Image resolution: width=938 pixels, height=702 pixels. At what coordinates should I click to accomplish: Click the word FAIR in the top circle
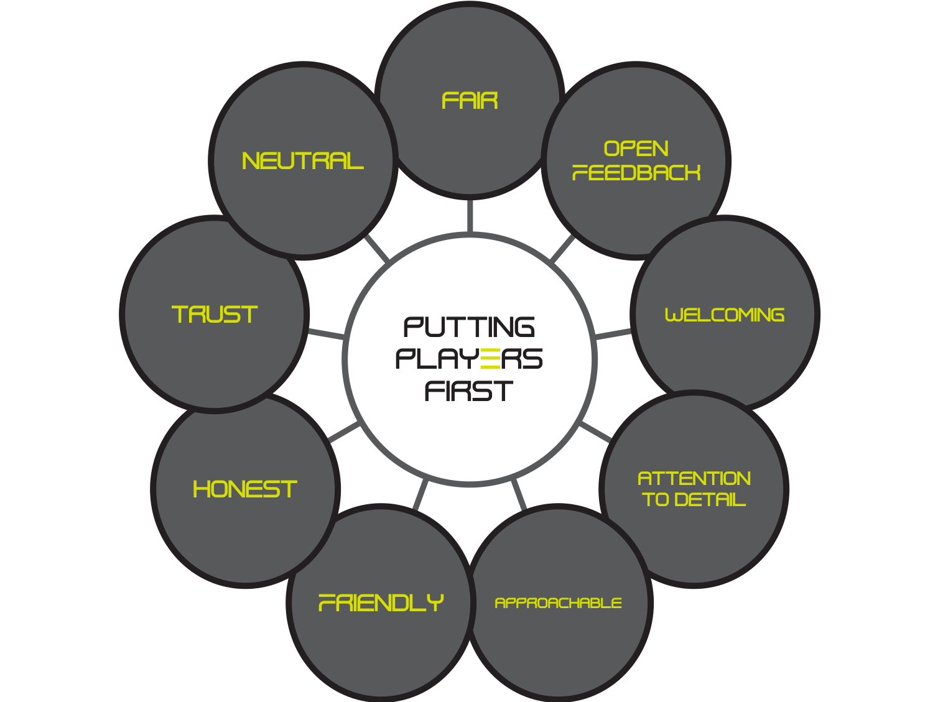coord(469,101)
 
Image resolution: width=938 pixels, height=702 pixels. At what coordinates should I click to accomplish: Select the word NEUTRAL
coord(302,161)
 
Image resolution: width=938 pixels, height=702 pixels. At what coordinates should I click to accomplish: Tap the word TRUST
coord(215,314)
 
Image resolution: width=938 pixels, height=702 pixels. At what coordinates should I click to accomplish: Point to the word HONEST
coord(245,489)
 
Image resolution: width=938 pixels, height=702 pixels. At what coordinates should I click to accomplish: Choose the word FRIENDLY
coord(381,603)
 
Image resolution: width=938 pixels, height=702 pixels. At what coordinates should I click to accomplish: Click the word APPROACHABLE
coord(558,603)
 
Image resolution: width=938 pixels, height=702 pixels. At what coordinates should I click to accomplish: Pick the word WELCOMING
coord(724,315)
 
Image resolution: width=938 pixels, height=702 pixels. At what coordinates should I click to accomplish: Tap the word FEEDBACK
coord(636,172)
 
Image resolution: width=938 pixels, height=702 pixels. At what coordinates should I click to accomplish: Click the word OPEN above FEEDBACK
coord(636,149)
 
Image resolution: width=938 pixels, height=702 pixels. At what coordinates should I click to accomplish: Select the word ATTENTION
coord(694,479)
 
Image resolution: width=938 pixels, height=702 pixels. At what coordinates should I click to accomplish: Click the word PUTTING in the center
coord(469,327)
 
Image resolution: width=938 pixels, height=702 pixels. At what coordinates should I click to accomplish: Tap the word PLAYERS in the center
coord(469,359)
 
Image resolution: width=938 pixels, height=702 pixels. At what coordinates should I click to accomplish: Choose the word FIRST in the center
coord(469,390)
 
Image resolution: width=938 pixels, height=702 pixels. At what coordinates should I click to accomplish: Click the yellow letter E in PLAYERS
coord(490,359)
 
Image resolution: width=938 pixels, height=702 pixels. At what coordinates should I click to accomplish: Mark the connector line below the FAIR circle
coord(470,216)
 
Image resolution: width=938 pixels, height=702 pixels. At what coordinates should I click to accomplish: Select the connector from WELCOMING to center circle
coord(613,335)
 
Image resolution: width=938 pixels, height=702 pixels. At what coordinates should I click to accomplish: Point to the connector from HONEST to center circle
coord(345,432)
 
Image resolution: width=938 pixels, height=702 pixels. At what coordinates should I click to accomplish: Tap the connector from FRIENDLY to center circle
coord(420,494)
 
